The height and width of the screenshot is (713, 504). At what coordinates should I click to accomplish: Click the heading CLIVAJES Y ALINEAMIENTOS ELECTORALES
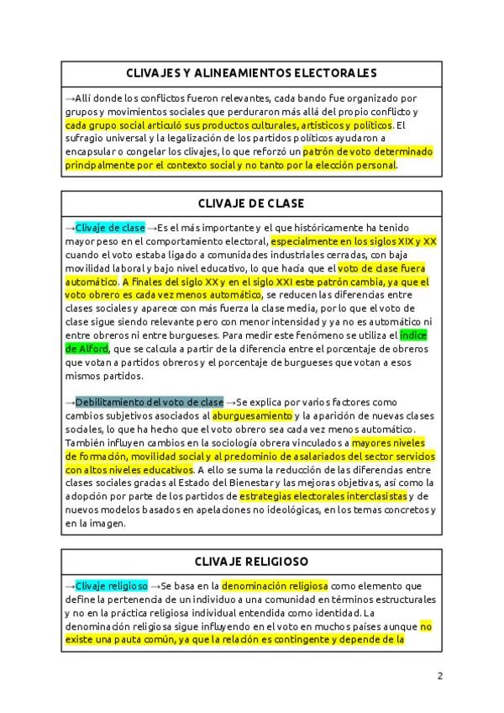tap(251, 73)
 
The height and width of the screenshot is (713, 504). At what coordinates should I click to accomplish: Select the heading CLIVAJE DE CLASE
tap(251, 203)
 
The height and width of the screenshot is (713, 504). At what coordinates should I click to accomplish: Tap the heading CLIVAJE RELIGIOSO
tap(251, 561)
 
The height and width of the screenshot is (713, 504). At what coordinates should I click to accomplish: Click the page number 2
tap(439, 675)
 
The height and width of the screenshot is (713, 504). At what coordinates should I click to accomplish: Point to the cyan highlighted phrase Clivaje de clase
tap(110, 228)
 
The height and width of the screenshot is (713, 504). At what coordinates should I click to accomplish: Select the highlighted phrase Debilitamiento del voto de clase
tap(150, 402)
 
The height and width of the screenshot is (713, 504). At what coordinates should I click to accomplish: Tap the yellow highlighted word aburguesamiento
tap(252, 415)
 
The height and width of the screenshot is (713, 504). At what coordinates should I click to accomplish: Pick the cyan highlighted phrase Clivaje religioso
tap(112, 585)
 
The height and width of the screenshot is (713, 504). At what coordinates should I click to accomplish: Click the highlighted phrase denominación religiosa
tap(275, 585)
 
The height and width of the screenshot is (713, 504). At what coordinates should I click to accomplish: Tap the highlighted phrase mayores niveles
tap(388, 442)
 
